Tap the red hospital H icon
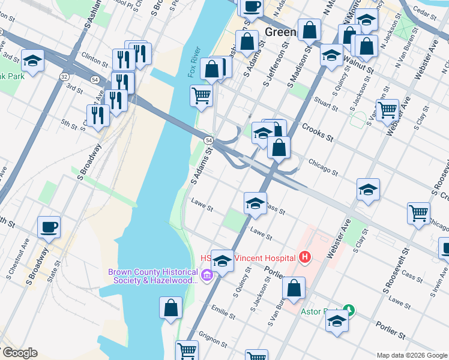305,257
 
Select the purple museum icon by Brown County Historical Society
207,276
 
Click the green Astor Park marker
349,310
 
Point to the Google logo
19,353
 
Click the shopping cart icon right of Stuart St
388,110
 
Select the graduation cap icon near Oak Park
32,60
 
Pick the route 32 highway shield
64,76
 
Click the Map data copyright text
411,355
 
